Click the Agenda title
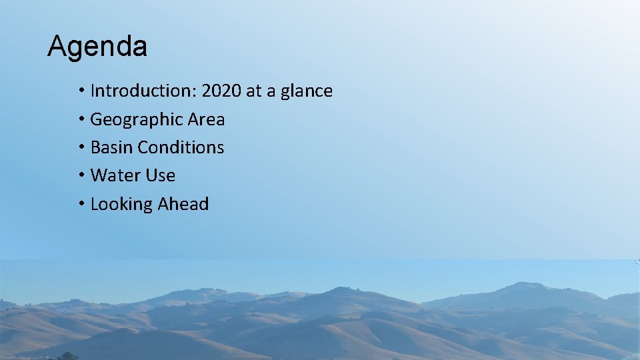(97, 47)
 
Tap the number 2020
(221, 91)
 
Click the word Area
(206, 120)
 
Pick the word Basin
(111, 147)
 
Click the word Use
(161, 175)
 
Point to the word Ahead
(183, 204)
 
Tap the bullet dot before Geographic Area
(79, 119)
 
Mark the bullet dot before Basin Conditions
(79, 147)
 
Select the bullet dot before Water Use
(79, 175)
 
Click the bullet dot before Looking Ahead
(79, 204)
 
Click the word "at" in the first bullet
(254, 91)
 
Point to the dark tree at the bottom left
(65, 356)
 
